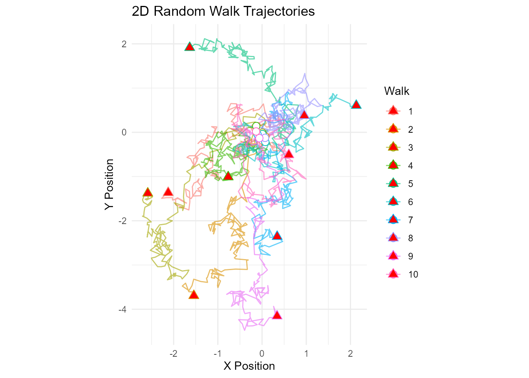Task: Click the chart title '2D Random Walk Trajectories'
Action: pos(223,11)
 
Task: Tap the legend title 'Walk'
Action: pos(396,91)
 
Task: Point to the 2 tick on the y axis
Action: pos(124,44)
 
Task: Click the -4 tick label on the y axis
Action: pos(122,309)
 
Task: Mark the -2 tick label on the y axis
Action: pos(122,220)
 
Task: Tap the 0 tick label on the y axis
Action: pos(124,132)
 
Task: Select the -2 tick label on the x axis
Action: pos(173,354)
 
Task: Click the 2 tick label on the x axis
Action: pos(350,354)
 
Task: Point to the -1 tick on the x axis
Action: pos(217,354)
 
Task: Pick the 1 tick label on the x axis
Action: pos(306,354)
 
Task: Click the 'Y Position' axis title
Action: pos(109,184)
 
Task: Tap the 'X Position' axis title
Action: pos(249,366)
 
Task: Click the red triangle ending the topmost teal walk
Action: pos(190,47)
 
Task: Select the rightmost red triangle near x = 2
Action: pos(356,104)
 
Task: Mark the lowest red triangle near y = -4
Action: pos(277,315)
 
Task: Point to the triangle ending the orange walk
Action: pos(193,295)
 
